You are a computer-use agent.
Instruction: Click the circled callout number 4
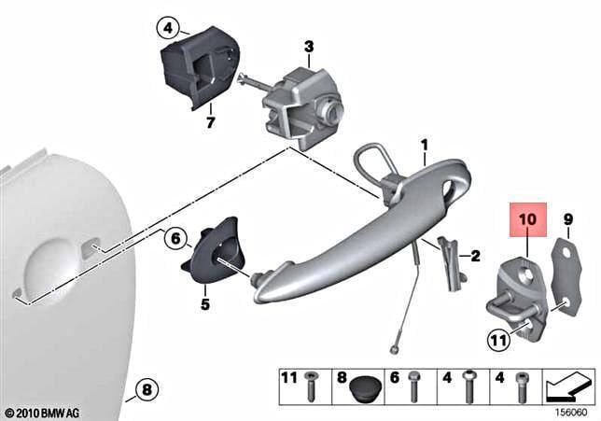(168, 28)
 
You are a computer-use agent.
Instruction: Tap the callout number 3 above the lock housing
(309, 47)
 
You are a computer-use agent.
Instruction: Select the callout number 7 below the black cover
(210, 122)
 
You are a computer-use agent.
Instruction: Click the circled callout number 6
(175, 239)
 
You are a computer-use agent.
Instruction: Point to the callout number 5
(205, 304)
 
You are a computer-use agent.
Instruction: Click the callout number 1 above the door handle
(425, 146)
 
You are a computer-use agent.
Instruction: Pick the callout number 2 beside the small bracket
(475, 256)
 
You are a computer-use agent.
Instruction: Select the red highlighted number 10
(528, 219)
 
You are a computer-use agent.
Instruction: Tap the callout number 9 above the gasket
(568, 219)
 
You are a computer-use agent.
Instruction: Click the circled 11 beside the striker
(498, 340)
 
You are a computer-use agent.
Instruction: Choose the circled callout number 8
(147, 391)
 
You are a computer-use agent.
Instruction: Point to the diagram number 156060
(571, 413)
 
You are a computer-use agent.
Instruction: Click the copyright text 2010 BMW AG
(43, 414)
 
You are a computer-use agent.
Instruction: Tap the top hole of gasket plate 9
(564, 251)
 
